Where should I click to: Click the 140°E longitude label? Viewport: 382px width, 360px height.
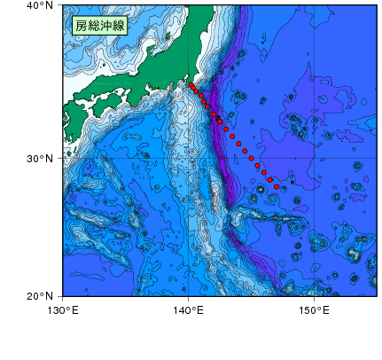tap(189, 310)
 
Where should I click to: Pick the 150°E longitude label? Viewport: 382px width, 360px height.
tap(316, 310)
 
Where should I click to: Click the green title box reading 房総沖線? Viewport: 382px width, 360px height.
tap(100, 26)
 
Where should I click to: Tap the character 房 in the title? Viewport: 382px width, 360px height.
tap(81, 26)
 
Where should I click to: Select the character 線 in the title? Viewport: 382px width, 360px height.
tap(120, 26)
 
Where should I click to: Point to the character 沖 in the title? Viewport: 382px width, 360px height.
tap(106, 26)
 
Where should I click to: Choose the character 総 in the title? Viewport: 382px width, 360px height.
tap(93, 26)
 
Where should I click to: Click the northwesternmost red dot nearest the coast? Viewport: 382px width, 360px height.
tap(191, 85)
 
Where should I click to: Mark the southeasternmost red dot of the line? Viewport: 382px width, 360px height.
tap(277, 187)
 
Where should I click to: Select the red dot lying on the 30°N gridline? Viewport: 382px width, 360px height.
tap(251, 158)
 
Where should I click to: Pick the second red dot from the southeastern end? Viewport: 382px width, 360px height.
tap(270, 180)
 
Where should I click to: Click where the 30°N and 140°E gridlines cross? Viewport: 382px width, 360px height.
tap(189, 158)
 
